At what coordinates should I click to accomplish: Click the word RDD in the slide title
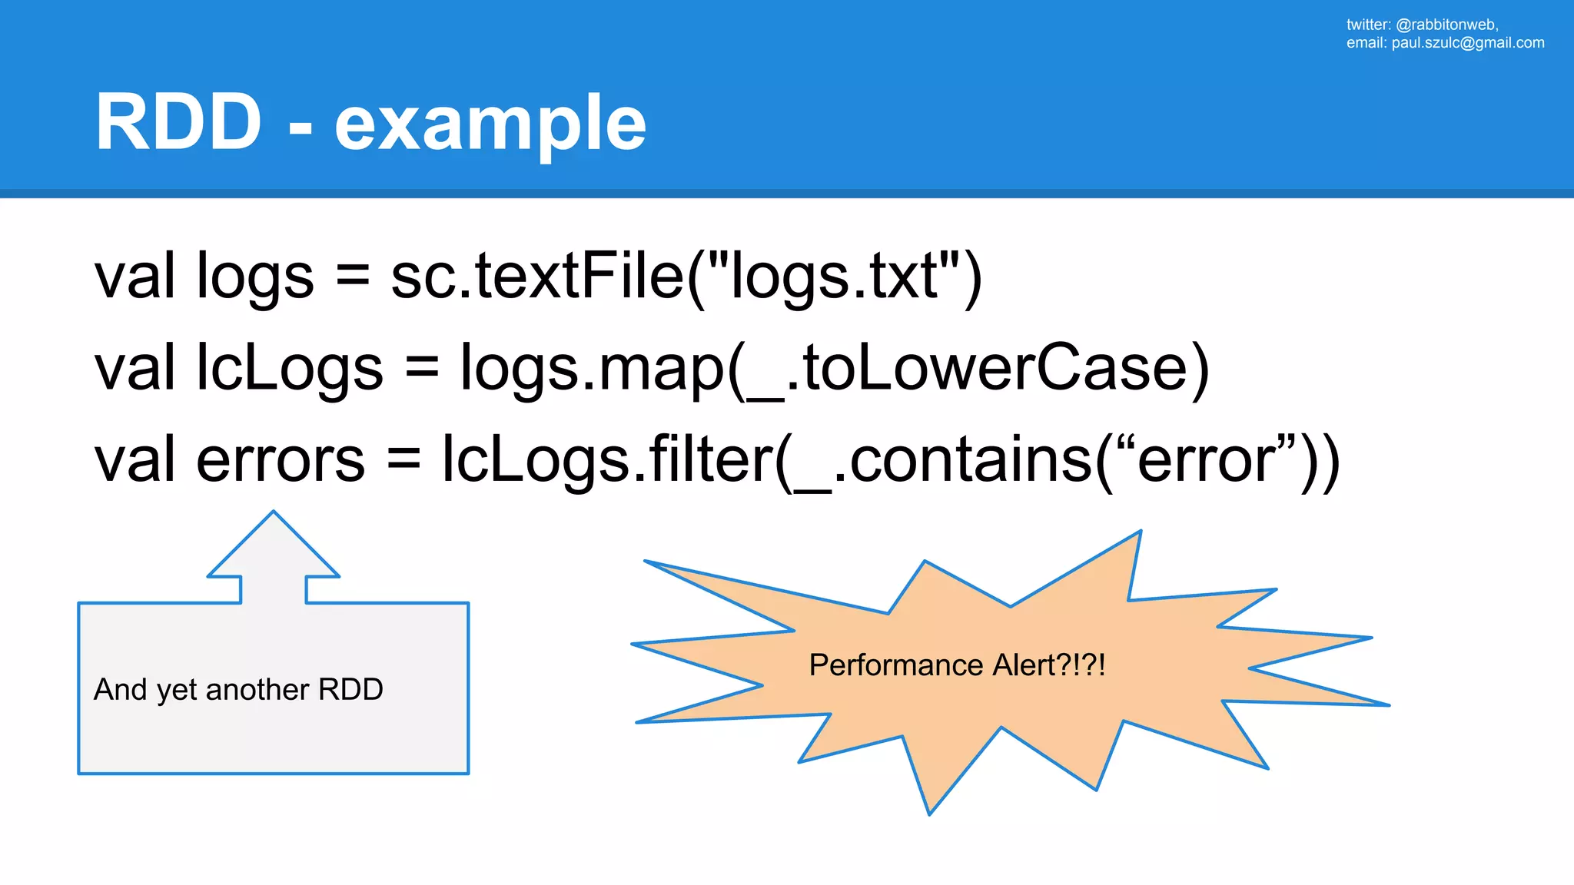178,123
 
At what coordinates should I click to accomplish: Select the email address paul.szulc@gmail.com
1467,43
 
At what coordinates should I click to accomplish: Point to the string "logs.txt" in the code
834,277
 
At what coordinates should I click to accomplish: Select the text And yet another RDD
238,690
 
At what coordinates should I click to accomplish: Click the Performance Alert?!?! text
957,665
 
